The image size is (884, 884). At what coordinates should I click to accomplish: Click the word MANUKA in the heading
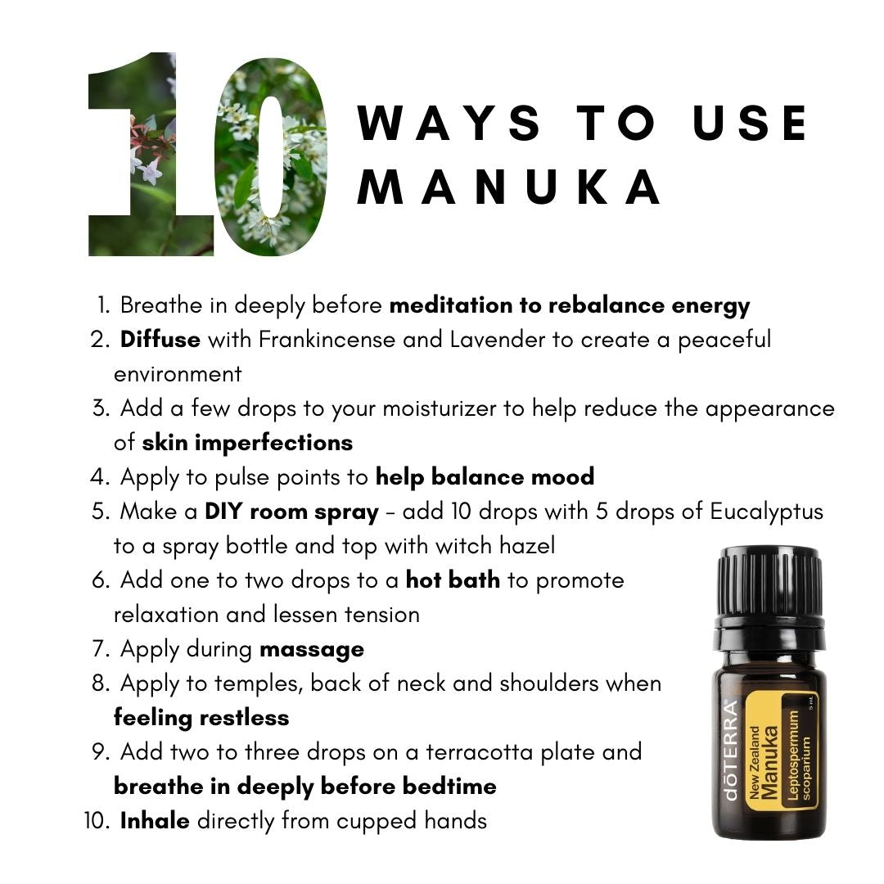coord(509,187)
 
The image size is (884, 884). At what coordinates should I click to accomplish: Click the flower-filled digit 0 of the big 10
coord(272,156)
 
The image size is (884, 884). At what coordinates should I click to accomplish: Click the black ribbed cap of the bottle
coord(769,584)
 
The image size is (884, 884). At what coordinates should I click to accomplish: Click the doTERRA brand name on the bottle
coord(730,750)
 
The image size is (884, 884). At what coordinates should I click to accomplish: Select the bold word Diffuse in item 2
coord(160,340)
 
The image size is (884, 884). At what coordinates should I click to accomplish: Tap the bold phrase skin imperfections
coord(247,443)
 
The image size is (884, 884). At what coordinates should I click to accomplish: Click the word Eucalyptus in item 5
coord(767,512)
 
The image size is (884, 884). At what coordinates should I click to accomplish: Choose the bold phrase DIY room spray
coord(291,512)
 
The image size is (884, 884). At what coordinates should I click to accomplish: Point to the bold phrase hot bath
coord(453,580)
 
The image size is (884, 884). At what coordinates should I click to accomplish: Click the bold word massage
coord(312,650)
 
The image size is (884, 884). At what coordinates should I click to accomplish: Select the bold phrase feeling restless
coord(201,719)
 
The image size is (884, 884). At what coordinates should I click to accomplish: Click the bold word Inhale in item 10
coord(155,821)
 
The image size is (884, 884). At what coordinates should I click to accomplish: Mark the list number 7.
coord(100,649)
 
